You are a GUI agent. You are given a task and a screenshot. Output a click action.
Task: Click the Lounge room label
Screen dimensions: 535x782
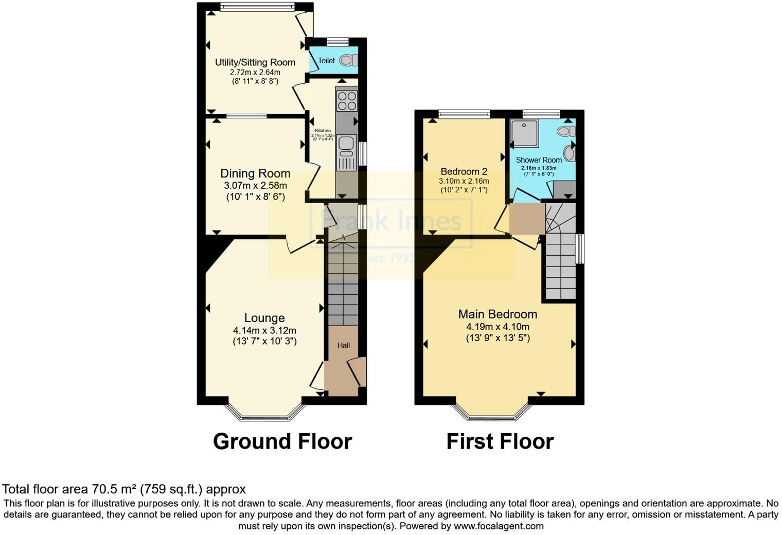(264, 318)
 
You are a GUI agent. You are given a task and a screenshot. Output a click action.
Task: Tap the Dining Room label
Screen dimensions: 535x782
(255, 173)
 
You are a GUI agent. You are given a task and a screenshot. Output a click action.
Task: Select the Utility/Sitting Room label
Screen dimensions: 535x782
(255, 62)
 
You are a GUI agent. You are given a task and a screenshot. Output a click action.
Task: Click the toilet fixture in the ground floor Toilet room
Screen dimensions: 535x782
(348, 60)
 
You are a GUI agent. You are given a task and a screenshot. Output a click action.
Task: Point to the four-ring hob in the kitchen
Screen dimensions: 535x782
(346, 101)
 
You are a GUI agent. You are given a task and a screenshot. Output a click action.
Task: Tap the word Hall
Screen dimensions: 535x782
(344, 345)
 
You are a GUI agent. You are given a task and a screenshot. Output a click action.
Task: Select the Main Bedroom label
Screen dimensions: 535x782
(497, 314)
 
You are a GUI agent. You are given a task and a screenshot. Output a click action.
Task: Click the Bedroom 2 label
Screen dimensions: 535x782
(464, 171)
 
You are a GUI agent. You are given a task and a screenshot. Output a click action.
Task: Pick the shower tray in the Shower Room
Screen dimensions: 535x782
(524, 133)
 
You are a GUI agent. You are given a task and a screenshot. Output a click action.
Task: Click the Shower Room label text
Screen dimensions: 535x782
(539, 160)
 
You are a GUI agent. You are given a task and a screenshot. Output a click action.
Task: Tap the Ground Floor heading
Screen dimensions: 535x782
(282, 441)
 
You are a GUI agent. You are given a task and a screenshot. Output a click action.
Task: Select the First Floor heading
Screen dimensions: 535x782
(500, 441)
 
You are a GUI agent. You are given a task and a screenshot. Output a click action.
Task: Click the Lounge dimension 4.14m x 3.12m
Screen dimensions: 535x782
(264, 331)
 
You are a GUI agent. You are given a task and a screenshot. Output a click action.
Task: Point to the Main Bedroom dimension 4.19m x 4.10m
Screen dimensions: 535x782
(497, 327)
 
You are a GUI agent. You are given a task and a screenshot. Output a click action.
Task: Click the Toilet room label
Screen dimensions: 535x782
(327, 61)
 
